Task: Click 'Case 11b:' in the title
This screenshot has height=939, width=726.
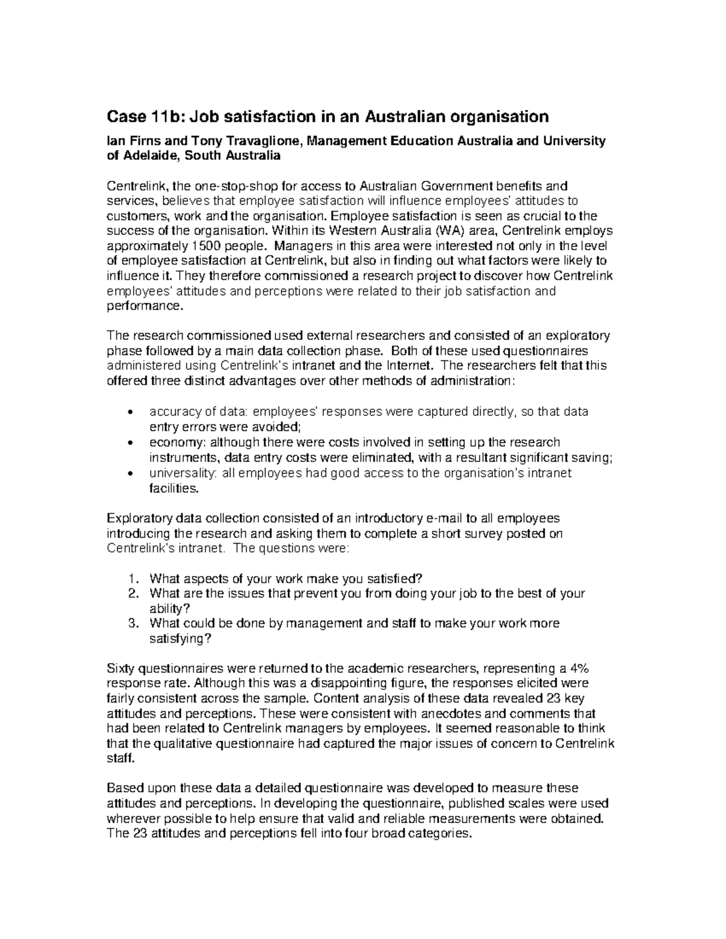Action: [x=137, y=116]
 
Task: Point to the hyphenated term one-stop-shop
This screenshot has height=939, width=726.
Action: [x=241, y=186]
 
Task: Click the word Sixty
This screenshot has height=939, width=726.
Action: [x=121, y=669]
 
